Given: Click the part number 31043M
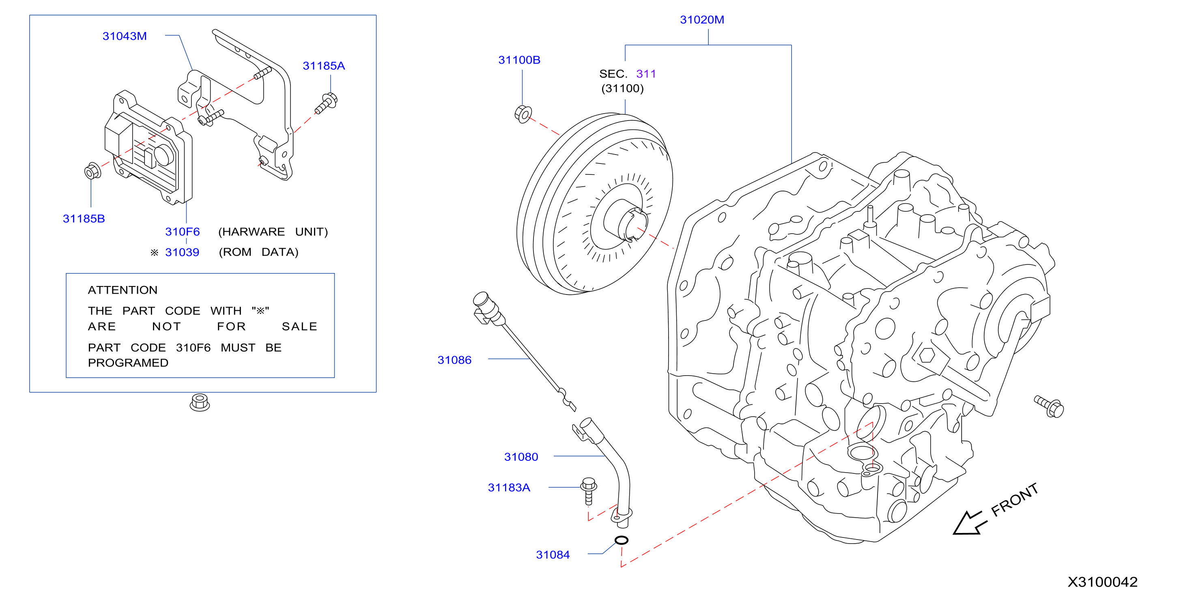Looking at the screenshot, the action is (125, 36).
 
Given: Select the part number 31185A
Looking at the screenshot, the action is (324, 66).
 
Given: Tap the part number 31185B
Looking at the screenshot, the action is (84, 219).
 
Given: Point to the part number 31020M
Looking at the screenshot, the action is (702, 20).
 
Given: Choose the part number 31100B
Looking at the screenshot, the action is (519, 60).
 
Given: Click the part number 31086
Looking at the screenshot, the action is (454, 360).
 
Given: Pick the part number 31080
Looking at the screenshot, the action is (521, 457).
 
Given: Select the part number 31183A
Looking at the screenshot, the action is (509, 488).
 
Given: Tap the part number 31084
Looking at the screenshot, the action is (553, 555).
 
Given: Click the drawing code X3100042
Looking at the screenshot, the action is (1102, 582).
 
